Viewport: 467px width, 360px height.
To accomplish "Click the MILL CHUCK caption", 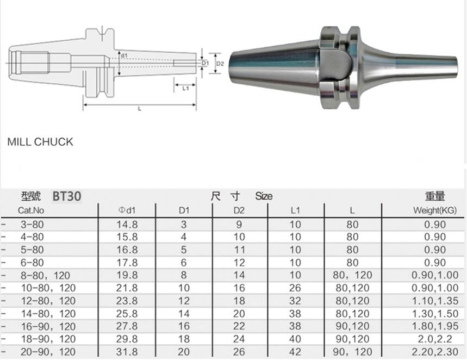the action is pyautogui.click(x=40, y=142).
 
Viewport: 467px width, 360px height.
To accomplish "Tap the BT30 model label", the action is pyautogui.click(x=67, y=196).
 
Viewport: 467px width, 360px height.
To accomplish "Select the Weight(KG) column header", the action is pyautogui.click(x=434, y=210).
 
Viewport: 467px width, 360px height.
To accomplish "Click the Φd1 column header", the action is pyautogui.click(x=127, y=210).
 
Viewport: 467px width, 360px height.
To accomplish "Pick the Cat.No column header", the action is pyautogui.click(x=31, y=210).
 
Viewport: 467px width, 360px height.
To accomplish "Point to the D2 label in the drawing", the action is pyautogui.click(x=220, y=64).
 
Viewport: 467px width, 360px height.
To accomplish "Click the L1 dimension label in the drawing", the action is pyautogui.click(x=185, y=88).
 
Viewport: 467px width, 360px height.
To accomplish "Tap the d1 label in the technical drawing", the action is pyautogui.click(x=124, y=55).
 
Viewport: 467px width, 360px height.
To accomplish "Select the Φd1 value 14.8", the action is pyautogui.click(x=127, y=225).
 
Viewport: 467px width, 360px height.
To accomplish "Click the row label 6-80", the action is pyautogui.click(x=32, y=263).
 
